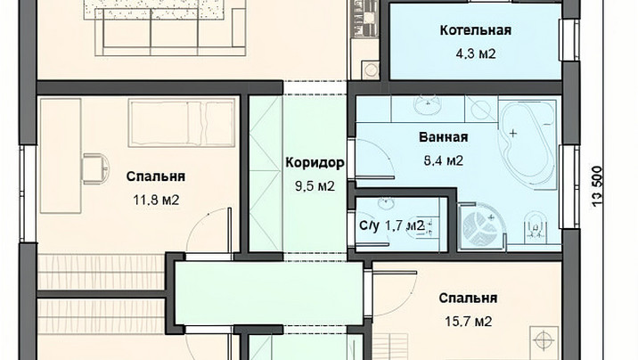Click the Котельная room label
475,30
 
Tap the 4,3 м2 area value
476,53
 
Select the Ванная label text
444,137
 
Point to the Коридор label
315,163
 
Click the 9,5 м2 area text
315,186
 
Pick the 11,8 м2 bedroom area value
156,200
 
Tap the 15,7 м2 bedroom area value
468,322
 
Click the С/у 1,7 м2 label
392,225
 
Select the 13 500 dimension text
597,187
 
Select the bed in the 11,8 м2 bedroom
182,122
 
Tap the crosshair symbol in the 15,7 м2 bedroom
544,340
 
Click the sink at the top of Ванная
428,105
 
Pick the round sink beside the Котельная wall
371,70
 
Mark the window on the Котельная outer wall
568,40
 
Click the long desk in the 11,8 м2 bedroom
61,155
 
